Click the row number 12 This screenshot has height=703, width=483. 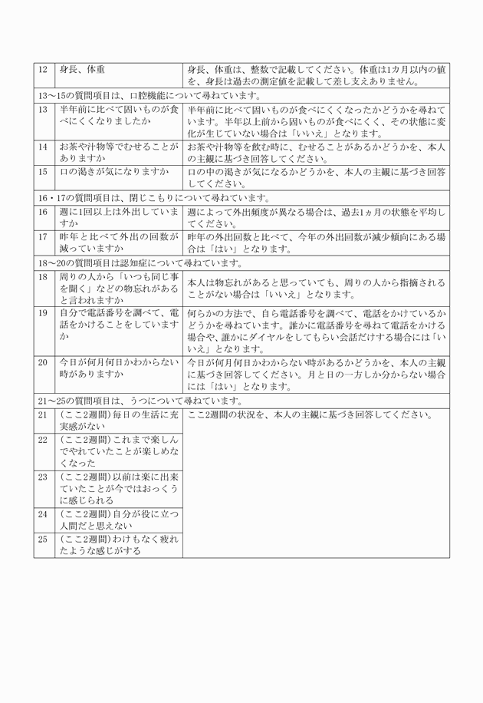tap(44, 70)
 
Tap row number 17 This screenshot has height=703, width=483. tap(44, 236)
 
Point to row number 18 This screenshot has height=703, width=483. tap(44, 276)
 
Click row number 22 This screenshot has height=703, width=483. tap(44, 440)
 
